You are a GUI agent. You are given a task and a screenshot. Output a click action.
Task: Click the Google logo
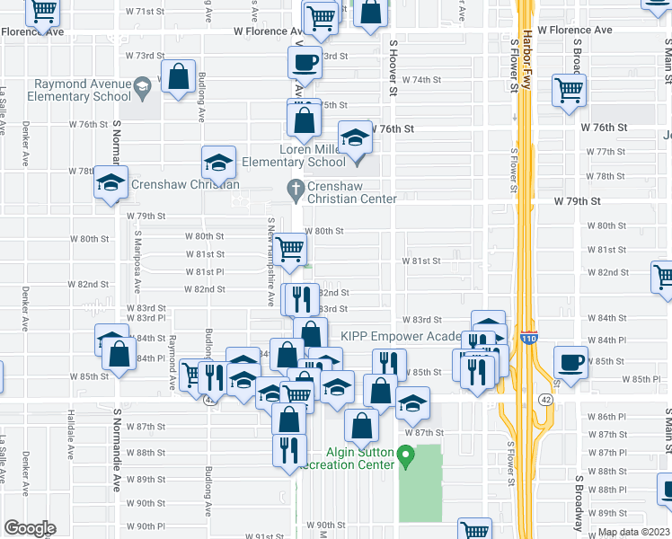coord(29,528)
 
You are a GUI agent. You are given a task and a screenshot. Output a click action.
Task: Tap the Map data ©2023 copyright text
coord(634,532)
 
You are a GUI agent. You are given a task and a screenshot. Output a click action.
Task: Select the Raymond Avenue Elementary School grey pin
coord(141,88)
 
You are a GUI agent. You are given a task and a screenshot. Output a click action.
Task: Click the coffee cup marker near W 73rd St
coord(305,62)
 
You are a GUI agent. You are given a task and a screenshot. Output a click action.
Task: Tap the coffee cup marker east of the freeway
coord(570,361)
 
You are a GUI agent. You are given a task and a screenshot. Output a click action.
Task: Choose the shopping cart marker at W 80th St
coord(288,247)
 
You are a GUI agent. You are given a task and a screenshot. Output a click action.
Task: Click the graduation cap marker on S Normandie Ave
coord(111,182)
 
